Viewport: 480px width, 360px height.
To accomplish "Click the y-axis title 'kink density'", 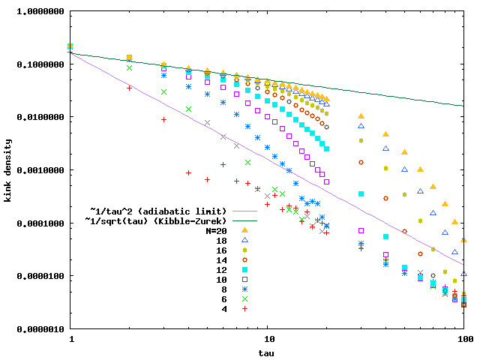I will (x=9, y=170).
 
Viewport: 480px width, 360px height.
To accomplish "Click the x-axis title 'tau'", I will (x=268, y=352).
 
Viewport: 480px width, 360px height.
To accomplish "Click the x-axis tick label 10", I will (x=268, y=339).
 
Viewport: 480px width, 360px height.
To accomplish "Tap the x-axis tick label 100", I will (x=465, y=339).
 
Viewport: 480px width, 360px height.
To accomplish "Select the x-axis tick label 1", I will (x=70, y=339).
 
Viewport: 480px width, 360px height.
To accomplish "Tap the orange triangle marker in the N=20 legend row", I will (x=245, y=230).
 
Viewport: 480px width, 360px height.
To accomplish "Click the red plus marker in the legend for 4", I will (x=245, y=308).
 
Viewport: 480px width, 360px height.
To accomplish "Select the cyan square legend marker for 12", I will (x=245, y=269).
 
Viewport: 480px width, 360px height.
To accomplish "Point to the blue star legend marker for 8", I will (x=245, y=289).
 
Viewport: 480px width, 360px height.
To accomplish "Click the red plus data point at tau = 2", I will (x=130, y=88).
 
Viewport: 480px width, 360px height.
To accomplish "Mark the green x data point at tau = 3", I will (x=164, y=92).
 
